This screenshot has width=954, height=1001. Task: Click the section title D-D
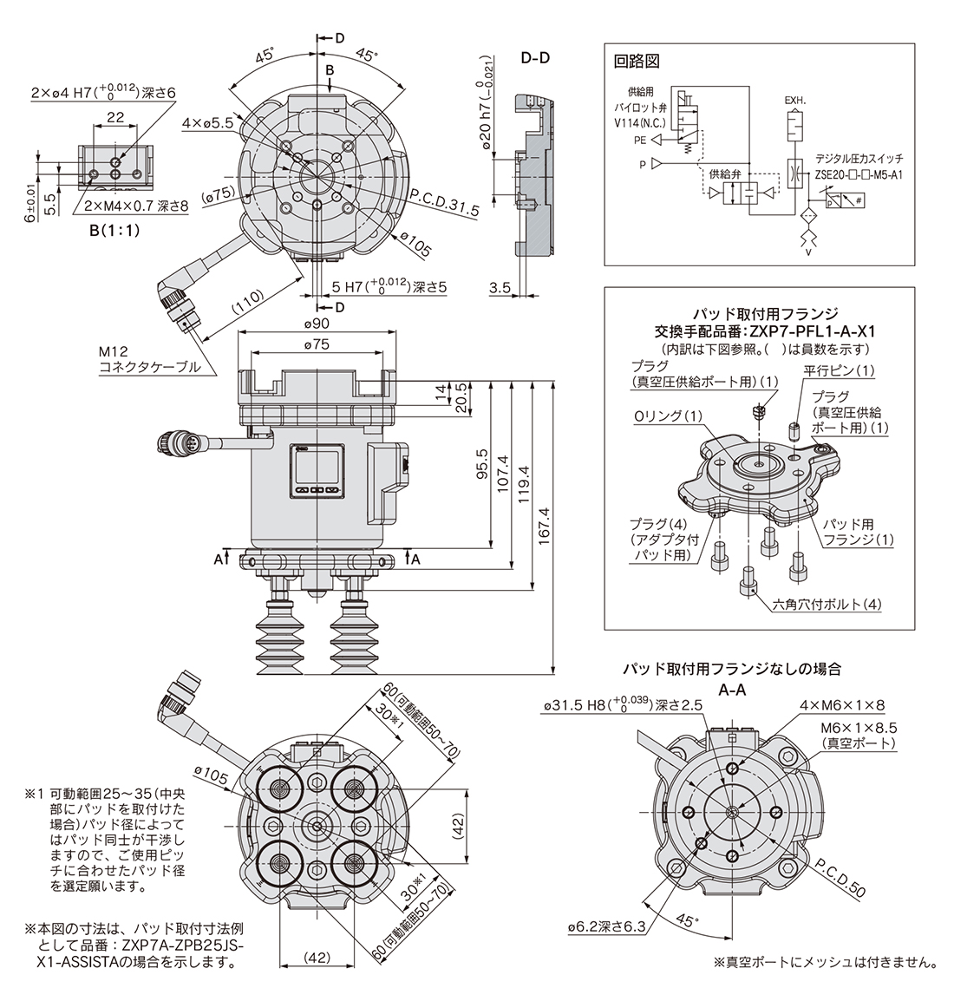[535, 58]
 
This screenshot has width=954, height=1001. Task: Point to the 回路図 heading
[637, 61]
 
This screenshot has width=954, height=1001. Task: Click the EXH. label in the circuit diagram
[794, 100]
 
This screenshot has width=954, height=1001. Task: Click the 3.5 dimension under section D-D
[499, 288]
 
